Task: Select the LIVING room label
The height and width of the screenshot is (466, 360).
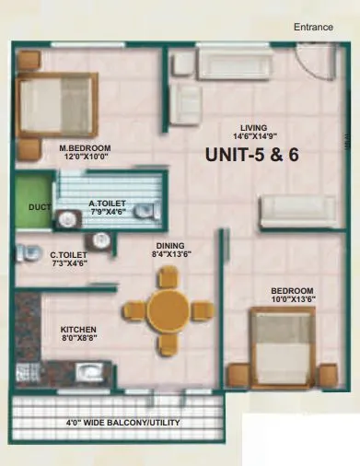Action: [x=253, y=128]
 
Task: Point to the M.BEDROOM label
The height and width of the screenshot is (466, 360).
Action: [x=85, y=146]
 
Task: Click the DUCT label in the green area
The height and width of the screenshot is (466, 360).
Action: [x=38, y=208]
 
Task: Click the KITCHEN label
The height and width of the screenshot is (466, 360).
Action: [x=79, y=329]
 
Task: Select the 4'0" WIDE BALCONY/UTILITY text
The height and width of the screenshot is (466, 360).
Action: [x=122, y=423]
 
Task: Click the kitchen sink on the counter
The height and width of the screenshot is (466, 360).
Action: [x=90, y=373]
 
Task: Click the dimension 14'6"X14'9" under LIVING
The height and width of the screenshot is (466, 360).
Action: [x=253, y=138]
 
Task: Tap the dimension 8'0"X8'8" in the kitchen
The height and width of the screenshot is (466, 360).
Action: [x=79, y=339]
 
